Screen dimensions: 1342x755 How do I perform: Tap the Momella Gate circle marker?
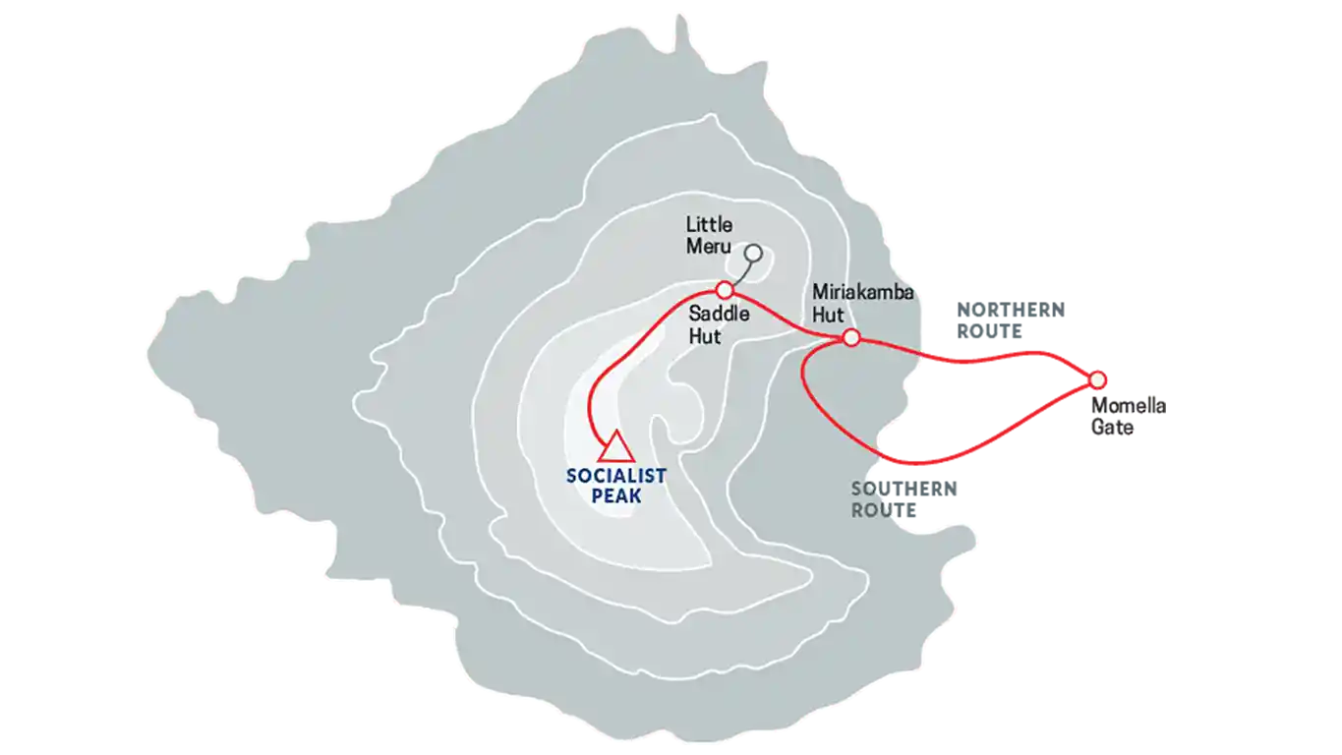point(1097,379)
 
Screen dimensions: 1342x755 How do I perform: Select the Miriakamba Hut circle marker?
point(851,338)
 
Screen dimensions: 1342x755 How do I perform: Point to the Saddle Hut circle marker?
point(725,291)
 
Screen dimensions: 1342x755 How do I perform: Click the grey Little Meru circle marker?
point(754,254)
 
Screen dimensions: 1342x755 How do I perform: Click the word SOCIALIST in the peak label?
point(615,476)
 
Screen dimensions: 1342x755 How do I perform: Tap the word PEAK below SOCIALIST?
point(616,495)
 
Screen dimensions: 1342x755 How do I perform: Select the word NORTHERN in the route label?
point(1012,310)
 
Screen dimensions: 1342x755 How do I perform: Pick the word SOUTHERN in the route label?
point(904,489)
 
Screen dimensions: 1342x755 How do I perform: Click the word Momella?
point(1129,406)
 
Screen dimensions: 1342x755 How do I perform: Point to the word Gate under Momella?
point(1112,428)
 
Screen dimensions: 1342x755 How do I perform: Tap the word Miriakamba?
point(863,292)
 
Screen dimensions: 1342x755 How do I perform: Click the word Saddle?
point(719,314)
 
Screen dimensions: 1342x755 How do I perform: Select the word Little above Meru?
point(710,225)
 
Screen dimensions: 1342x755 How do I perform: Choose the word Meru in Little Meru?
point(709,247)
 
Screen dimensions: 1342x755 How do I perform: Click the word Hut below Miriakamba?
point(828,315)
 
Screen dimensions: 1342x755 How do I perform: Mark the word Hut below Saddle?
point(705,336)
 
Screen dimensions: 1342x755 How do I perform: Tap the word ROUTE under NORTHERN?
point(989,331)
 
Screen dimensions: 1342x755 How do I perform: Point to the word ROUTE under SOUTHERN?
point(884,510)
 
